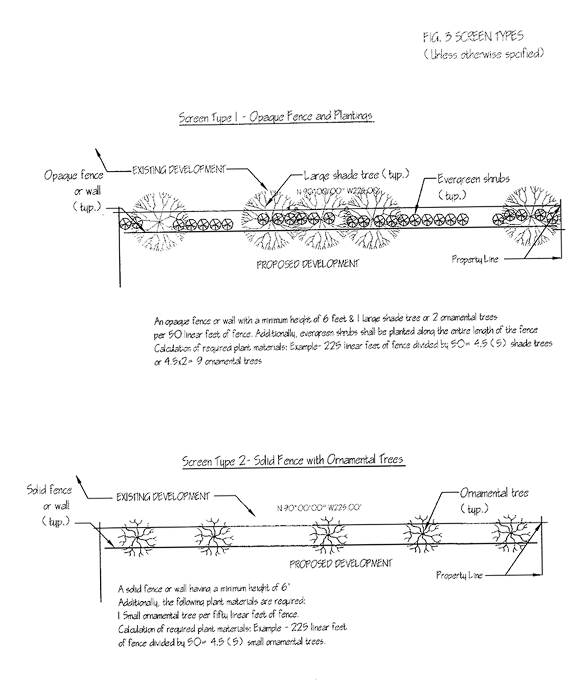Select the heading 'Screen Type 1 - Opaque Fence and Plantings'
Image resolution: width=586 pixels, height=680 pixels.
275,117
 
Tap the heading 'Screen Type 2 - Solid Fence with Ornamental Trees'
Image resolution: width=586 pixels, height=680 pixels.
293,460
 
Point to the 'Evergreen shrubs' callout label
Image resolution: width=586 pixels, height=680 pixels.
473,179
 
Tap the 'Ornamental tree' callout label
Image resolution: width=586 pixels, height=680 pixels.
494,493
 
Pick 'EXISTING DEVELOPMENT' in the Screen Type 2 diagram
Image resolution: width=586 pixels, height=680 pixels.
162,497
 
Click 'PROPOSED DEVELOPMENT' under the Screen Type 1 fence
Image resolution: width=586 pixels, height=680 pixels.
307,264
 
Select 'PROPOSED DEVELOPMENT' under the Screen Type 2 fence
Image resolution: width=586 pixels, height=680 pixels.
340,564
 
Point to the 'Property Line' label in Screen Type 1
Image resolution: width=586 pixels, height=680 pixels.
474,259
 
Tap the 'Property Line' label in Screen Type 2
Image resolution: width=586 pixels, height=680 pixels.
459,575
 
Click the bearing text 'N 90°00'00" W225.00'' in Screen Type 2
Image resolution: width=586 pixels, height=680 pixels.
319,508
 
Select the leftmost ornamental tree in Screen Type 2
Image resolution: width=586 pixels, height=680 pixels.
136,536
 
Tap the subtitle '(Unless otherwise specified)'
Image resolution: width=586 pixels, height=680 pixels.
484,54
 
